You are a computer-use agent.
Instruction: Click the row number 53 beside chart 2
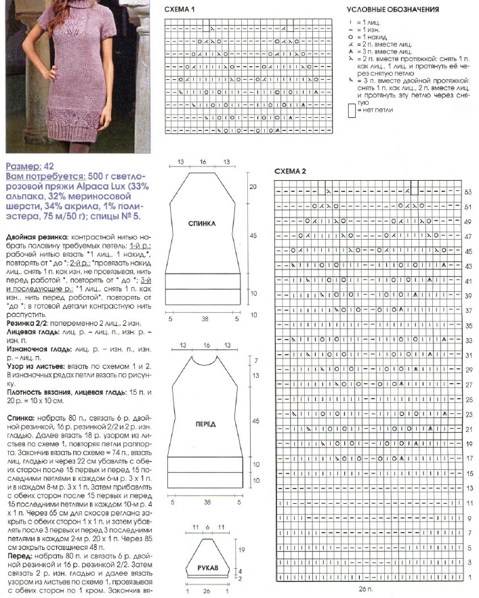[467, 192]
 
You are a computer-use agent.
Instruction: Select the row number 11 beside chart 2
[467, 505]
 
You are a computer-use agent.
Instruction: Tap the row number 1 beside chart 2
[467, 578]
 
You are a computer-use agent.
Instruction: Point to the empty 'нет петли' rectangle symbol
[370, 109]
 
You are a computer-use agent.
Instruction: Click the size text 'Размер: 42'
[30, 165]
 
